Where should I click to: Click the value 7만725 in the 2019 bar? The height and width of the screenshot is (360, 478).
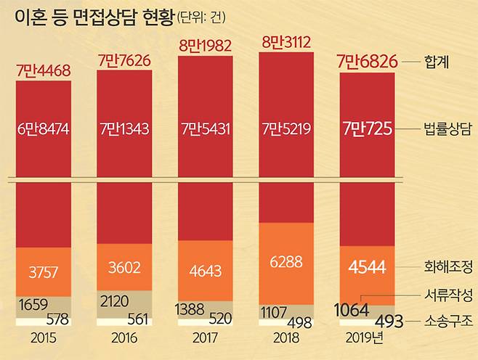[368, 130]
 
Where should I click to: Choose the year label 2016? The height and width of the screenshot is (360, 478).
[124, 339]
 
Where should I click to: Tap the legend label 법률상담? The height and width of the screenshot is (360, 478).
[446, 131]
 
